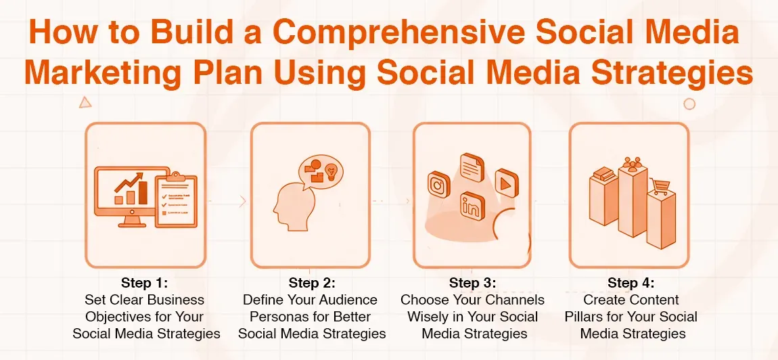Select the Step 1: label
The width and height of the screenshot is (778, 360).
[x=144, y=282]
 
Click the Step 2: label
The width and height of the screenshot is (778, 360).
[x=312, y=282]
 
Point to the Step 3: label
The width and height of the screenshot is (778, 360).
[x=472, y=282]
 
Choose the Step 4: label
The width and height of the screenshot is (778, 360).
[x=631, y=282]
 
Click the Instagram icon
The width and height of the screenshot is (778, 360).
[x=439, y=184]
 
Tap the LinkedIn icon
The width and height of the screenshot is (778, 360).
[x=472, y=205]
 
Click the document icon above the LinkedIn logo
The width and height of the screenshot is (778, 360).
[x=472, y=166]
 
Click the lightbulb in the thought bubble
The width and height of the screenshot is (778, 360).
[x=331, y=171]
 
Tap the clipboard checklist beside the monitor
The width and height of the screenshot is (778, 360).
[x=176, y=201]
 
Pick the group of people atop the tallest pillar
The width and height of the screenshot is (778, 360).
[x=633, y=163]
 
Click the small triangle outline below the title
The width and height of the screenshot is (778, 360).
[x=85, y=103]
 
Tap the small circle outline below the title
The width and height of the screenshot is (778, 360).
[x=689, y=104]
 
